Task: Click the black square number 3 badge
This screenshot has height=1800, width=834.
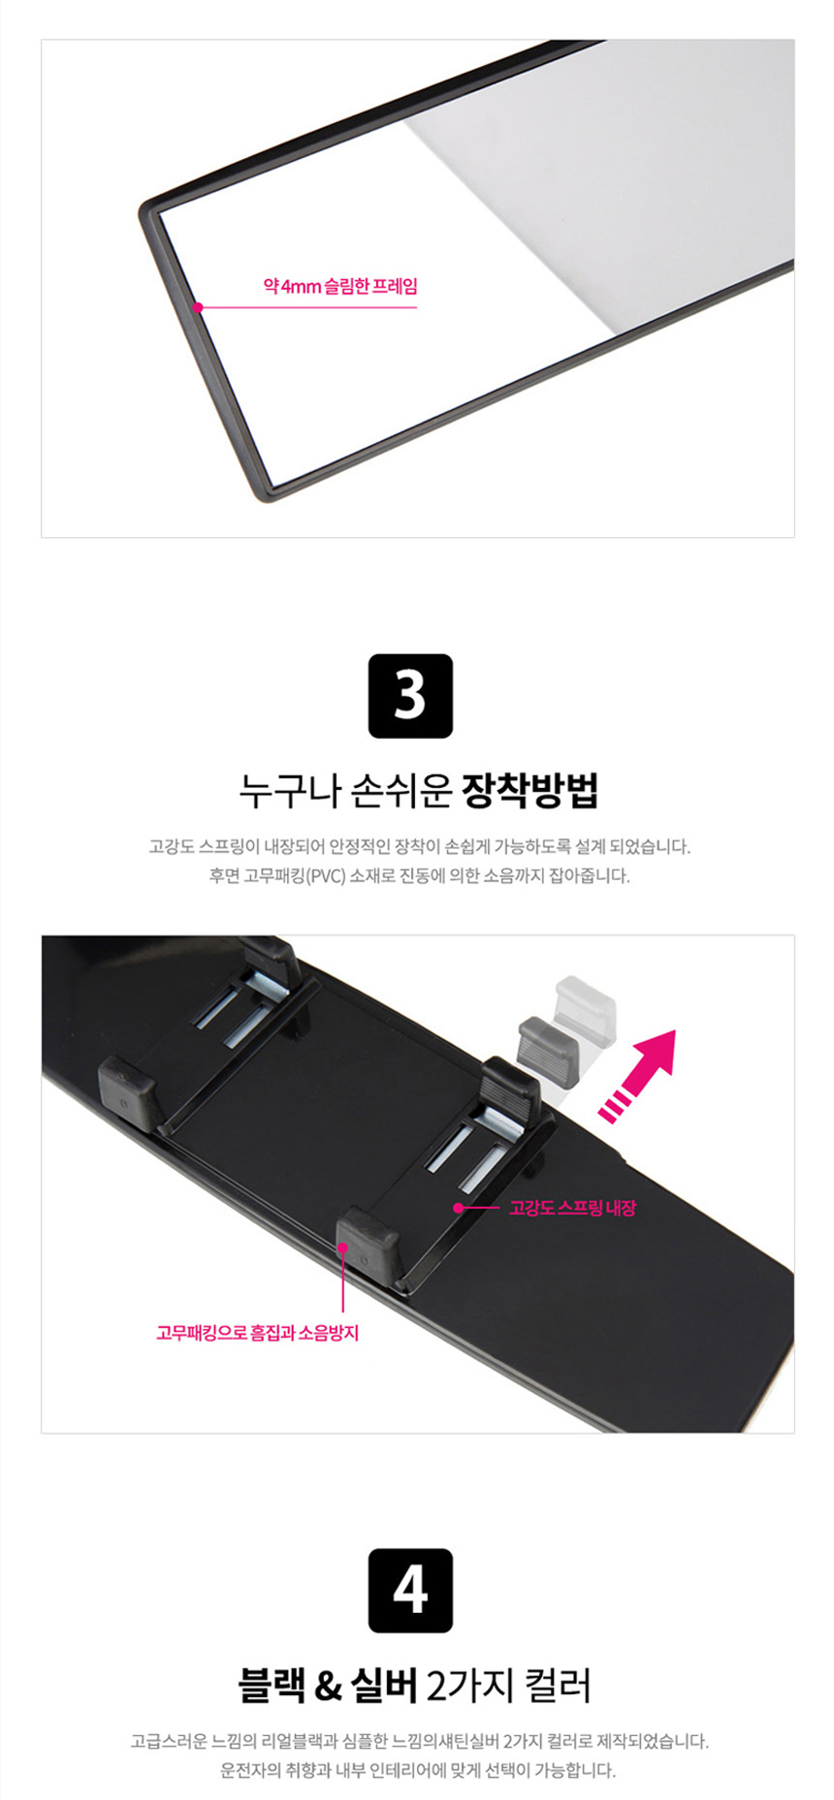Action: [410, 696]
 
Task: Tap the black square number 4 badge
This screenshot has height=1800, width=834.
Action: [410, 1591]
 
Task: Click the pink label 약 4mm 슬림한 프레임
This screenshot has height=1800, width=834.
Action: [340, 287]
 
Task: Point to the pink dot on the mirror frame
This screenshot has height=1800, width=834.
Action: [198, 307]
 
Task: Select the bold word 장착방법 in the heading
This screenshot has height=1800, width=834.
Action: [529, 791]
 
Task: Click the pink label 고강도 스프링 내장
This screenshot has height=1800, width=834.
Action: [572, 1208]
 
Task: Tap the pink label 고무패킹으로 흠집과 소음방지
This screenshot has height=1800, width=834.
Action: [258, 1333]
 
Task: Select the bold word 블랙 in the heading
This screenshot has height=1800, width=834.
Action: [272, 1686]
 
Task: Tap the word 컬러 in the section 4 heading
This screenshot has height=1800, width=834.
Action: [558, 1686]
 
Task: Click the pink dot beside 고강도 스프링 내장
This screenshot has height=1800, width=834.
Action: [458, 1208]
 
